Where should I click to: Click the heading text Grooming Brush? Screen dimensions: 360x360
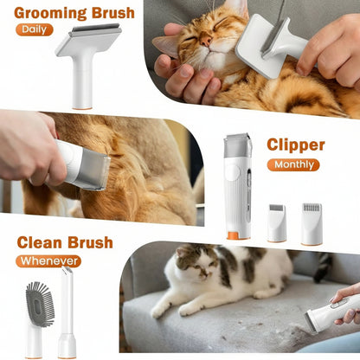pyautogui.click(x=74, y=12)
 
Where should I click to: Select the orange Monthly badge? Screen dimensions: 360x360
pyautogui.click(x=292, y=164)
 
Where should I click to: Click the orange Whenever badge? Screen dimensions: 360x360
pyautogui.click(x=48, y=260)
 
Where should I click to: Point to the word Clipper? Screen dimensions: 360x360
pyautogui.click(x=295, y=145)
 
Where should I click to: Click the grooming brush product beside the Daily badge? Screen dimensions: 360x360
pyautogui.click(x=88, y=61)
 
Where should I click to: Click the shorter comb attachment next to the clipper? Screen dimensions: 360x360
pyautogui.click(x=276, y=222)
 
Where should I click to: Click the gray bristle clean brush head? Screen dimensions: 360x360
pyautogui.click(x=39, y=305)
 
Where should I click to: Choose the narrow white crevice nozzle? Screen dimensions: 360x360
pyautogui.click(x=67, y=312)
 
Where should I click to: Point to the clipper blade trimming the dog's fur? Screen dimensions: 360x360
pyautogui.click(x=93, y=170)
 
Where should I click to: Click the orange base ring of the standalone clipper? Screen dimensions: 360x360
pyautogui.click(x=237, y=234)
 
